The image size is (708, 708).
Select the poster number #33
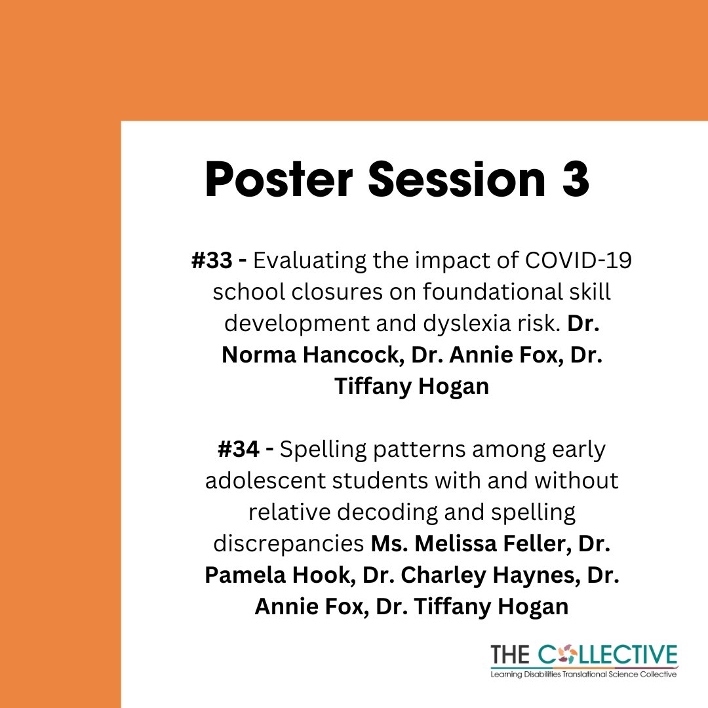point(212,260)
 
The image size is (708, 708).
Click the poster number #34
point(239,449)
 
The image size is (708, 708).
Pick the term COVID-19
point(578,260)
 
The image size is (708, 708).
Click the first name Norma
point(259,355)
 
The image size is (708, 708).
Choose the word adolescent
point(265,481)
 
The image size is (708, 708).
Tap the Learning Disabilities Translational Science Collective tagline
point(584,675)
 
